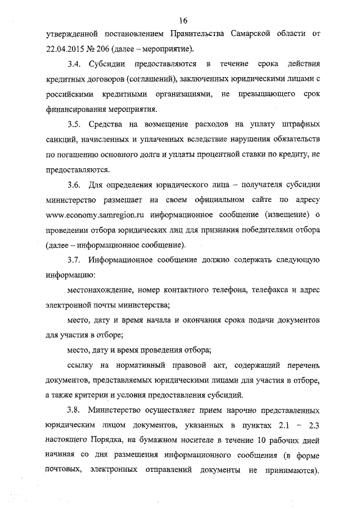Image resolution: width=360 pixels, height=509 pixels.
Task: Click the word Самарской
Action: (252, 32)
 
